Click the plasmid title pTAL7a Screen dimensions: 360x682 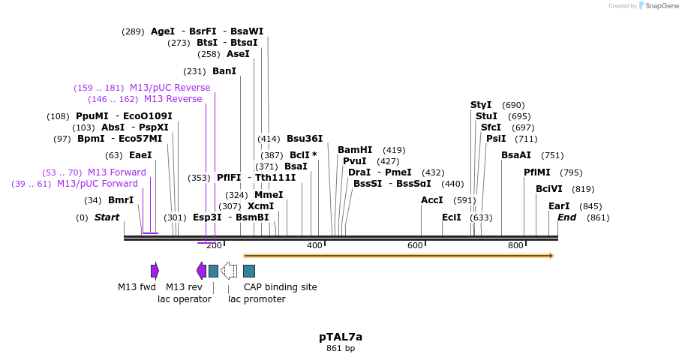pos(340,337)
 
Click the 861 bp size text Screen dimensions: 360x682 pos(340,348)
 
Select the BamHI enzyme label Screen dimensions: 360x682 pos(354,150)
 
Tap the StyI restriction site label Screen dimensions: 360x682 pos(481,105)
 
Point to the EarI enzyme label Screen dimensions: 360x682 pos(559,206)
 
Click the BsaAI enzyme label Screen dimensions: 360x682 pos(516,155)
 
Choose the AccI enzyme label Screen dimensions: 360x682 pos(432,200)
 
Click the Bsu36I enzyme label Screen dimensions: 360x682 pos(305,139)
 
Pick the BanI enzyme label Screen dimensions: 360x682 pos(224,71)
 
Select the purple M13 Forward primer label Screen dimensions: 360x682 pos(117,172)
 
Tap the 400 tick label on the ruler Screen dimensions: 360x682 pos(314,246)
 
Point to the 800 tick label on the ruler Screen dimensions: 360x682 pos(515,246)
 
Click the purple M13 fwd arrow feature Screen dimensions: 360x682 pos(155,271)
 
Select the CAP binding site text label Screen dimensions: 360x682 pos(280,287)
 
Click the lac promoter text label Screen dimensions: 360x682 pos(257,299)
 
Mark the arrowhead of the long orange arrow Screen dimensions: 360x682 pos(551,256)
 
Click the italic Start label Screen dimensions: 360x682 pos(107,217)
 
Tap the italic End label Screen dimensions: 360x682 pos(566,217)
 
